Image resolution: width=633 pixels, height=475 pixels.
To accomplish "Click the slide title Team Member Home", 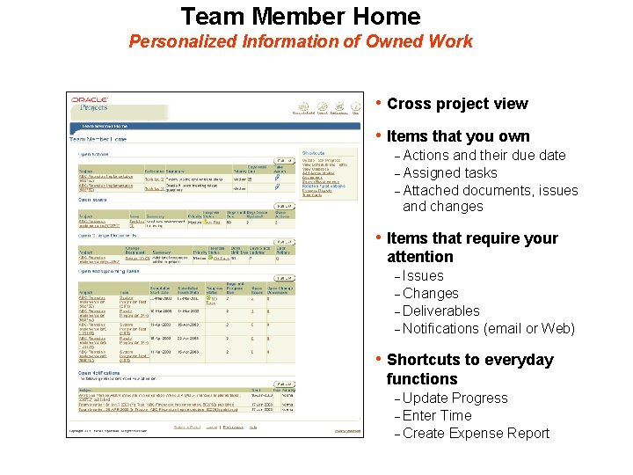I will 301,16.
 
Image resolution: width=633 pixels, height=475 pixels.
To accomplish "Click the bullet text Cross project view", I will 457,104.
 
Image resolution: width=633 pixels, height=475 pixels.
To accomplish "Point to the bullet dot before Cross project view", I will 378,103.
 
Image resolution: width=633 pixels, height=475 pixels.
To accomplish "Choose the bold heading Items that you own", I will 458,136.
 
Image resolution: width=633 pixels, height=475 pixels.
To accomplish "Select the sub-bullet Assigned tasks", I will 449,173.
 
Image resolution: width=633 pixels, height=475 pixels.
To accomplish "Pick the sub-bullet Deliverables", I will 440,311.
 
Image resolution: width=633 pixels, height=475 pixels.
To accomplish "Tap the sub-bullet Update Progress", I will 455,398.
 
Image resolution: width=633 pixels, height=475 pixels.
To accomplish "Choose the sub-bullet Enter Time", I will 437,416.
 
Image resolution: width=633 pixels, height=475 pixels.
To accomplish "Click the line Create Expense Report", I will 476,434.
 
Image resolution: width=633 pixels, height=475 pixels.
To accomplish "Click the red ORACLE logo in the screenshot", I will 89,100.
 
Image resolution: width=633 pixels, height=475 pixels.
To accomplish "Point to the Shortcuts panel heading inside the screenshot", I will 314,153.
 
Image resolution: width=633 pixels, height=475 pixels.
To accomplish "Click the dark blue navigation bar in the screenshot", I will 215,126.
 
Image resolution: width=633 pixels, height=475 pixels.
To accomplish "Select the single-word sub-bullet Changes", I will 430,293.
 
